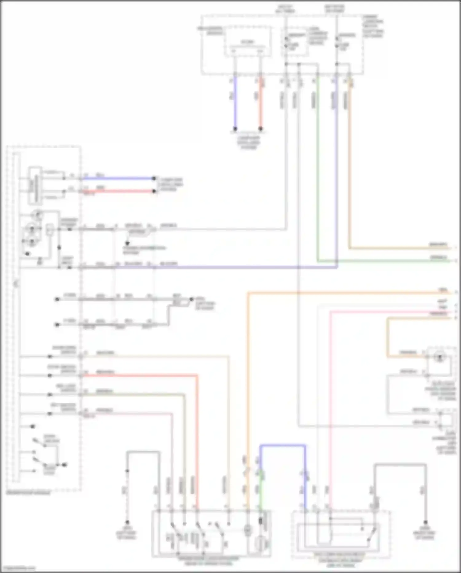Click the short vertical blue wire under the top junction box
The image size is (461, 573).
(x=235, y=102)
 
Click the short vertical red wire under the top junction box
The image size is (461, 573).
(x=261, y=102)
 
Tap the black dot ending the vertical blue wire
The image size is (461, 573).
(x=235, y=129)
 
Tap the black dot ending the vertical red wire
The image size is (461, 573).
(x=261, y=129)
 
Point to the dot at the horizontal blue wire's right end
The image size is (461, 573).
(x=154, y=178)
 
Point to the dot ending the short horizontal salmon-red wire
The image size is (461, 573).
(x=154, y=191)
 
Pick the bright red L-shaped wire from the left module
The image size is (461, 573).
(x=197, y=431)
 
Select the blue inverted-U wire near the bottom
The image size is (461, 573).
(x=283, y=445)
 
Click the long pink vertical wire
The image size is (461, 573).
(x=330, y=400)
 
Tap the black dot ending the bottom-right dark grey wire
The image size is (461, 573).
(x=425, y=523)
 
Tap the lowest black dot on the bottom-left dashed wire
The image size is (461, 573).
(x=127, y=522)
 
